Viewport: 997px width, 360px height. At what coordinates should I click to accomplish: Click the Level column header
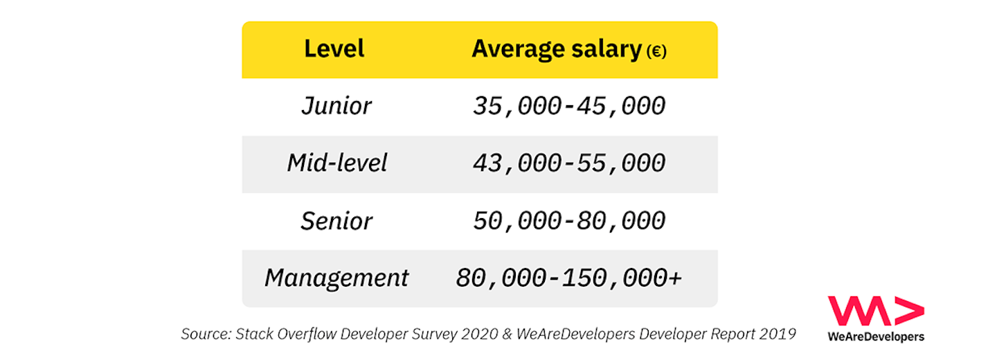click(334, 49)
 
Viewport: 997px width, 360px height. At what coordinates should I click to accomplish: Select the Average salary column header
click(557, 49)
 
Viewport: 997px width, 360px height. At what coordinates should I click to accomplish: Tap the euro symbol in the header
click(656, 52)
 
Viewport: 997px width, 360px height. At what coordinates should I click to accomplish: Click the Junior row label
click(336, 106)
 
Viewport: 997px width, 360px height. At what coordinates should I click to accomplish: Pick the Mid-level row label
click(336, 163)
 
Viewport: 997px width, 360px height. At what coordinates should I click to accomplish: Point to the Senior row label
click(336, 221)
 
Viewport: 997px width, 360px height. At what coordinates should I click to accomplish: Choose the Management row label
click(336, 278)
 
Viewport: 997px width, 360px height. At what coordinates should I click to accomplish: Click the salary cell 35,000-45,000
click(569, 106)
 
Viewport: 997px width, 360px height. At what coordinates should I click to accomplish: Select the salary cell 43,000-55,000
click(569, 163)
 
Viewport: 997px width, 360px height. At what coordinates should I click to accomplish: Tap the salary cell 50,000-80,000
click(569, 221)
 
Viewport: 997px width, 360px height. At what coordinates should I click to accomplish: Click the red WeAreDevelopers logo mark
click(875, 311)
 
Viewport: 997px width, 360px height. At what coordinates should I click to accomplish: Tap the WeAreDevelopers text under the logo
click(875, 336)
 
